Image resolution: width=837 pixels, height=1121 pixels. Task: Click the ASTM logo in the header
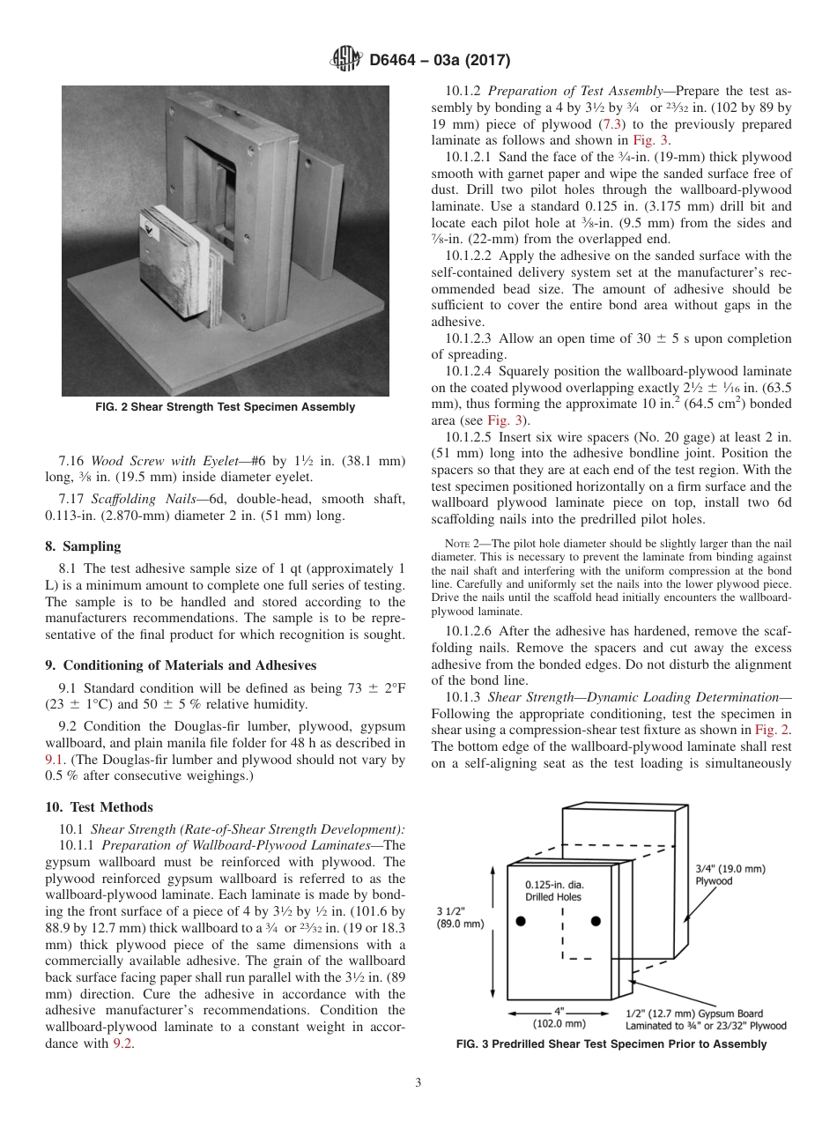[x=346, y=60]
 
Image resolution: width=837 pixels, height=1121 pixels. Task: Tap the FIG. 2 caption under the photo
[x=226, y=407]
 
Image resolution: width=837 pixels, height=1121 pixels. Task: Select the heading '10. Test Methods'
[x=99, y=807]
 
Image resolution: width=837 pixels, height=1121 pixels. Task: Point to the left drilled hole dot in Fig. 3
[x=521, y=921]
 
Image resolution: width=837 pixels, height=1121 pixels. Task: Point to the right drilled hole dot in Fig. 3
[x=596, y=921]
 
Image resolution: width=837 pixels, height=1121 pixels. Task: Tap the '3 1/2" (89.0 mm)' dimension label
[x=460, y=917]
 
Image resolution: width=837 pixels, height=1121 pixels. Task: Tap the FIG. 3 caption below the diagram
[x=611, y=1044]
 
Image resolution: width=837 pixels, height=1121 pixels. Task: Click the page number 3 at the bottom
[x=418, y=1083]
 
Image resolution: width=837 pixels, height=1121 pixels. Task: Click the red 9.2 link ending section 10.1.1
[x=122, y=1043]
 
